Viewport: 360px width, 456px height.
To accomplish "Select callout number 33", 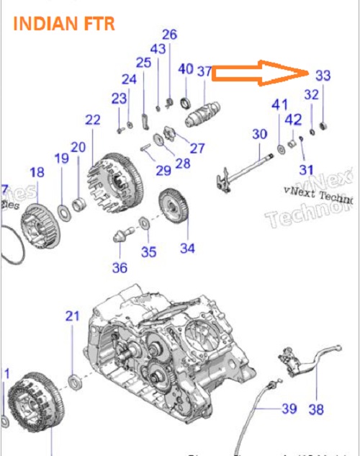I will pyautogui.click(x=323, y=75).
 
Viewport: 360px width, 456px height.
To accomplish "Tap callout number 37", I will pyautogui.click(x=204, y=70).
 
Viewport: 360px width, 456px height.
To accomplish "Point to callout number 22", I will pyautogui.click(x=93, y=120).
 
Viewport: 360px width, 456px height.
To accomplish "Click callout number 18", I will pyautogui.click(x=36, y=172).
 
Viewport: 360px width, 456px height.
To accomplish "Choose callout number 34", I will pyautogui.click(x=188, y=249).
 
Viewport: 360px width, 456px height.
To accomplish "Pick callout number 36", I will pyautogui.click(x=120, y=268).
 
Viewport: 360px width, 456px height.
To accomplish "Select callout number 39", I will pyautogui.click(x=289, y=408).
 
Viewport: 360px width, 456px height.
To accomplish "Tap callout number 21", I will pyautogui.click(x=71, y=316).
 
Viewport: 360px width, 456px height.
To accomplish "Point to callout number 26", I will pyautogui.click(x=169, y=34).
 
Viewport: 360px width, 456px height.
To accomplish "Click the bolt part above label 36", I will pyautogui.click(x=125, y=235).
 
